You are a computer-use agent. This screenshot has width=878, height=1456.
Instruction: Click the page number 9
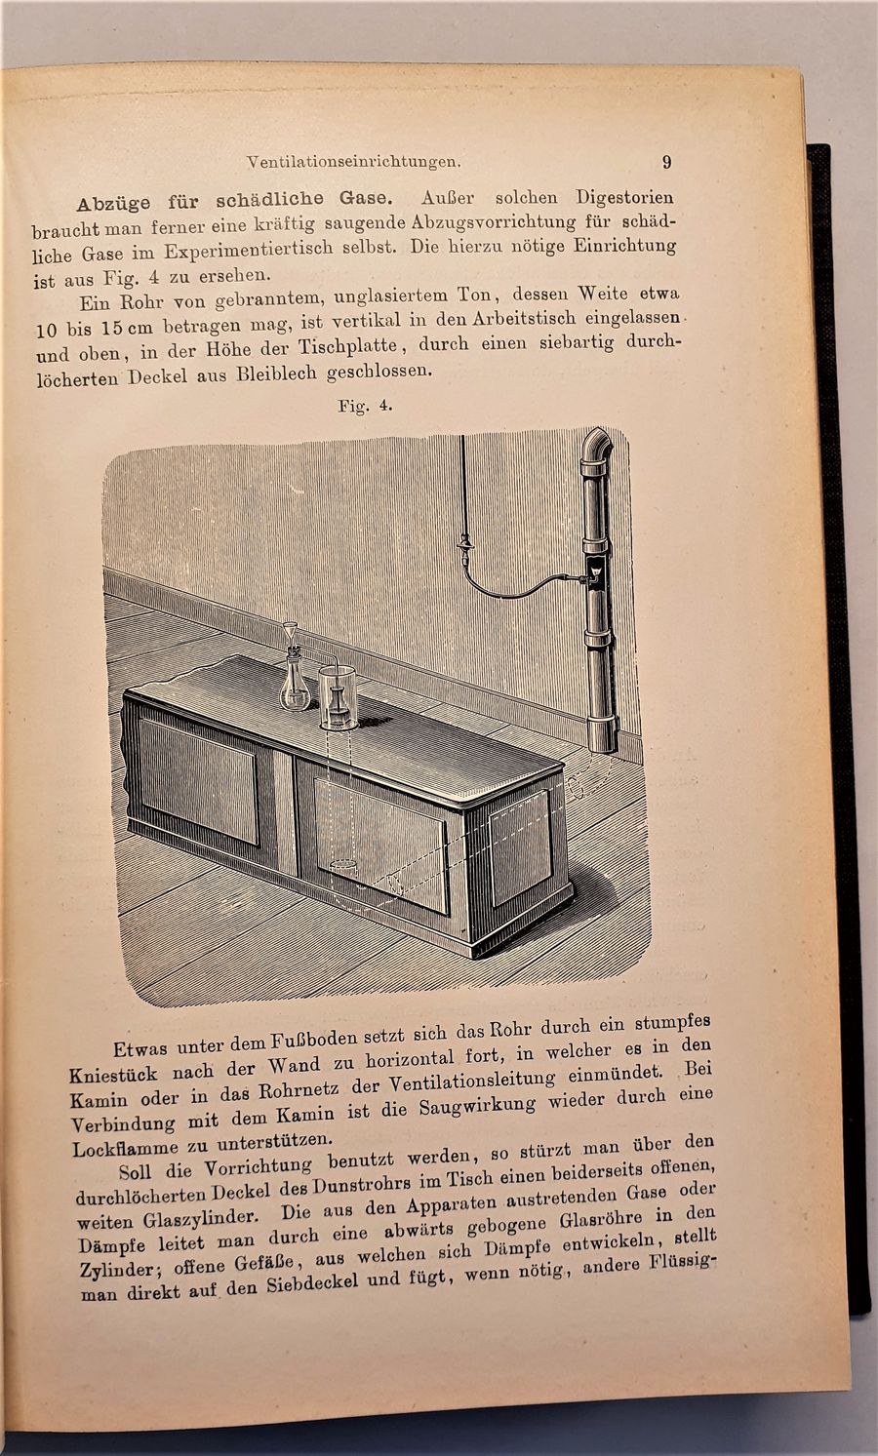coord(666,162)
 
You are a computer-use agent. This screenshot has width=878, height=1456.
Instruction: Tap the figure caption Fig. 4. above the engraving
coord(365,406)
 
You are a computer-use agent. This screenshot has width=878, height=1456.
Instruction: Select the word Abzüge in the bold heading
coord(113,204)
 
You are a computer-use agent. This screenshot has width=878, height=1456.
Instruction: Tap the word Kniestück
coord(114,1075)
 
